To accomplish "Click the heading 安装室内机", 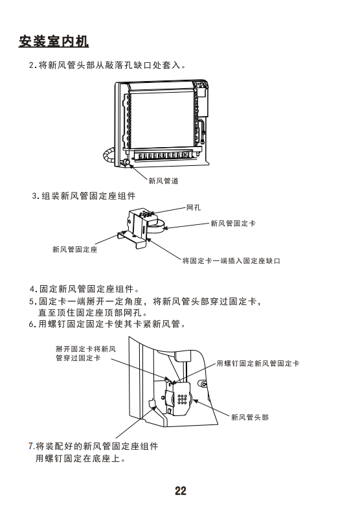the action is (x=54, y=41).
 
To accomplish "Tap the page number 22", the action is (x=181, y=491).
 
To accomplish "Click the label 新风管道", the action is (x=163, y=181).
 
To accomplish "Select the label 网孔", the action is (x=194, y=207).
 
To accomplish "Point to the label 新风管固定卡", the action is (x=233, y=223).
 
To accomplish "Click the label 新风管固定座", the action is (x=74, y=249).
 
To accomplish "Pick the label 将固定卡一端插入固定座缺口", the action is (x=231, y=261).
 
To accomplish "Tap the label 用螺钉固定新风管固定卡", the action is (x=258, y=364).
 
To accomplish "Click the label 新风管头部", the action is (x=250, y=417).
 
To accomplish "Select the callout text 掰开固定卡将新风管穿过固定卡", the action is (x=85, y=354).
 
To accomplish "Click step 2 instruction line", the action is (x=107, y=65).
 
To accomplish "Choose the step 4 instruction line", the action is (x=84, y=289).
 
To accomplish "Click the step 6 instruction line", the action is (x=107, y=324).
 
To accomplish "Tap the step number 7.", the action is (x=32, y=446).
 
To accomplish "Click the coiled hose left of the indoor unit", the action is (x=108, y=156).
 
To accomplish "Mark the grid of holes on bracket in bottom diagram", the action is (x=182, y=399).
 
